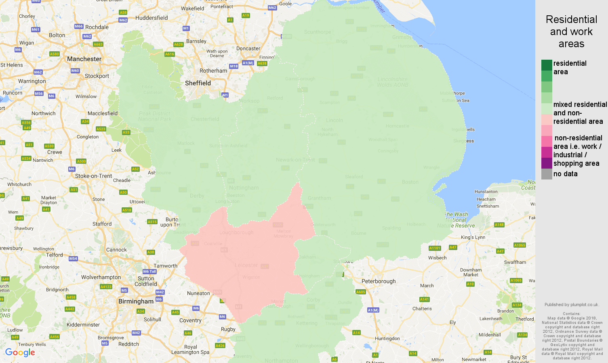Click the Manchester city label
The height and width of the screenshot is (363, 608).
coord(84,59)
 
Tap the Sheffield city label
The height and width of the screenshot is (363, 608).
coord(198,83)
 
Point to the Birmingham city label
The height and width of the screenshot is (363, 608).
coord(136,301)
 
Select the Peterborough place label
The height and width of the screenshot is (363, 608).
coord(379,281)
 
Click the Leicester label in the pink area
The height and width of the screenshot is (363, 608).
coord(246,265)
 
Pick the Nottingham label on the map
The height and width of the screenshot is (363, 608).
coord(244,188)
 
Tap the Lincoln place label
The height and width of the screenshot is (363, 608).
coord(335,120)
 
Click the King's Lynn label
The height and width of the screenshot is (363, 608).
coord(473,237)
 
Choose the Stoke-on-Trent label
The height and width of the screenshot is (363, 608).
coord(94,176)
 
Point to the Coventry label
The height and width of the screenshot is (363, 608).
coord(190,320)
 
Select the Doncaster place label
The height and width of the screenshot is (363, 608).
coord(248,48)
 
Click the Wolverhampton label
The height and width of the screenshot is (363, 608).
coord(101,277)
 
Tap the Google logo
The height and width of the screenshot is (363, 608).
coord(20,353)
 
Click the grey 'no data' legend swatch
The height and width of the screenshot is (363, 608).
coord(547,174)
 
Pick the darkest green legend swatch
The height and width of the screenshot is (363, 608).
coord(547,65)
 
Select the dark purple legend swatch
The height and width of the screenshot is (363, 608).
coord(547,163)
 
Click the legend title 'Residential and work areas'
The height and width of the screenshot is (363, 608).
coord(571,31)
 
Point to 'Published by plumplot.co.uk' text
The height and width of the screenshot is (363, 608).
coord(571,305)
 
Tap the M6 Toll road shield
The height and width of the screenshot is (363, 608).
coord(149,271)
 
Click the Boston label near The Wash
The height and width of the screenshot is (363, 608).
coord(410,182)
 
